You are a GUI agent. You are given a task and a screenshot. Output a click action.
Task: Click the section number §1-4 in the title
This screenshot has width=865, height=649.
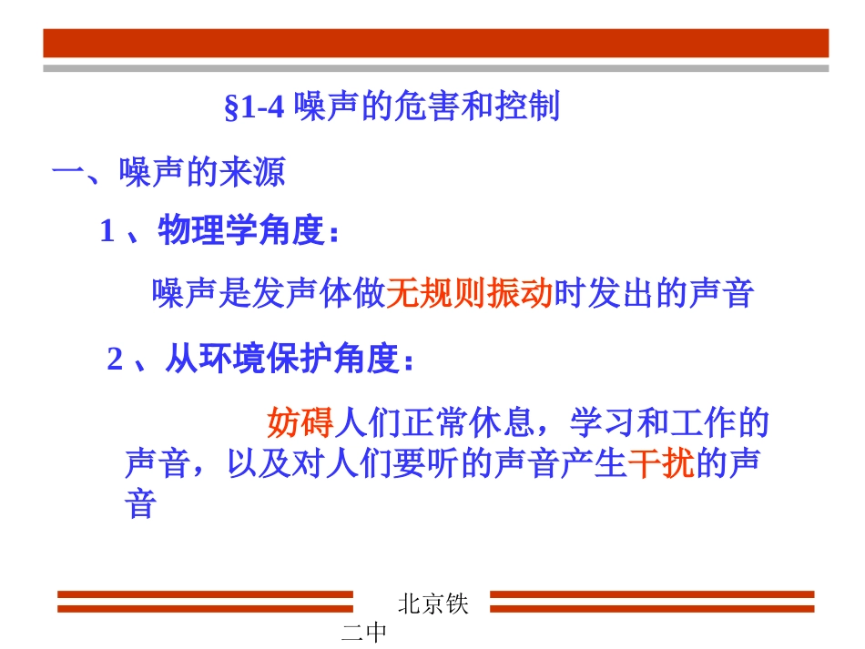pos(255,108)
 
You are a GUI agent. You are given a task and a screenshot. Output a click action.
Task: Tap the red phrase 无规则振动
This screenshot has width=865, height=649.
pos(470,293)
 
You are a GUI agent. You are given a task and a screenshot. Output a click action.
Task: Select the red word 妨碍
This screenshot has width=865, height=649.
pos(300,422)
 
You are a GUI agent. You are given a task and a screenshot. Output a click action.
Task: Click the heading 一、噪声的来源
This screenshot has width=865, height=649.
pos(168,172)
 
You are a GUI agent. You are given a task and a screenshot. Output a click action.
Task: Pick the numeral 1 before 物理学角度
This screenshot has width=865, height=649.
pos(107,232)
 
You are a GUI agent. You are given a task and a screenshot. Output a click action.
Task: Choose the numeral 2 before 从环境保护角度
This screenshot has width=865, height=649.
pos(115,360)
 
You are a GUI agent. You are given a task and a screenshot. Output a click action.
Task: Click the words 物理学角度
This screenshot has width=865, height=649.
pos(241,231)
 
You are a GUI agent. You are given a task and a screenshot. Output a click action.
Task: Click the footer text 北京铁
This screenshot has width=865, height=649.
pos(433,604)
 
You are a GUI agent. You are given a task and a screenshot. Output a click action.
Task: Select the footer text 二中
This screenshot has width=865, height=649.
pos(364,634)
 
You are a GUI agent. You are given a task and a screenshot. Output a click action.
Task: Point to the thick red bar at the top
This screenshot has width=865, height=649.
pos(436,43)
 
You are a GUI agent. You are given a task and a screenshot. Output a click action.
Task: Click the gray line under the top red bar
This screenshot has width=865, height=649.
pos(436,67)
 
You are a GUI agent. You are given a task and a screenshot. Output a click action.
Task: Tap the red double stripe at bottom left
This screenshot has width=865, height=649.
pos(205,602)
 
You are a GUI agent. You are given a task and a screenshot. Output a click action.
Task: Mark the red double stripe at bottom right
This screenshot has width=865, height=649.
pos(652,602)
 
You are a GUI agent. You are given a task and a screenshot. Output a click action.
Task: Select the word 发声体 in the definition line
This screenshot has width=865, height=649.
pos(286,293)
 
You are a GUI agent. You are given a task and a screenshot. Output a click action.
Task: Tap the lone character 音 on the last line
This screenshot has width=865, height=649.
pos(140,503)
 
